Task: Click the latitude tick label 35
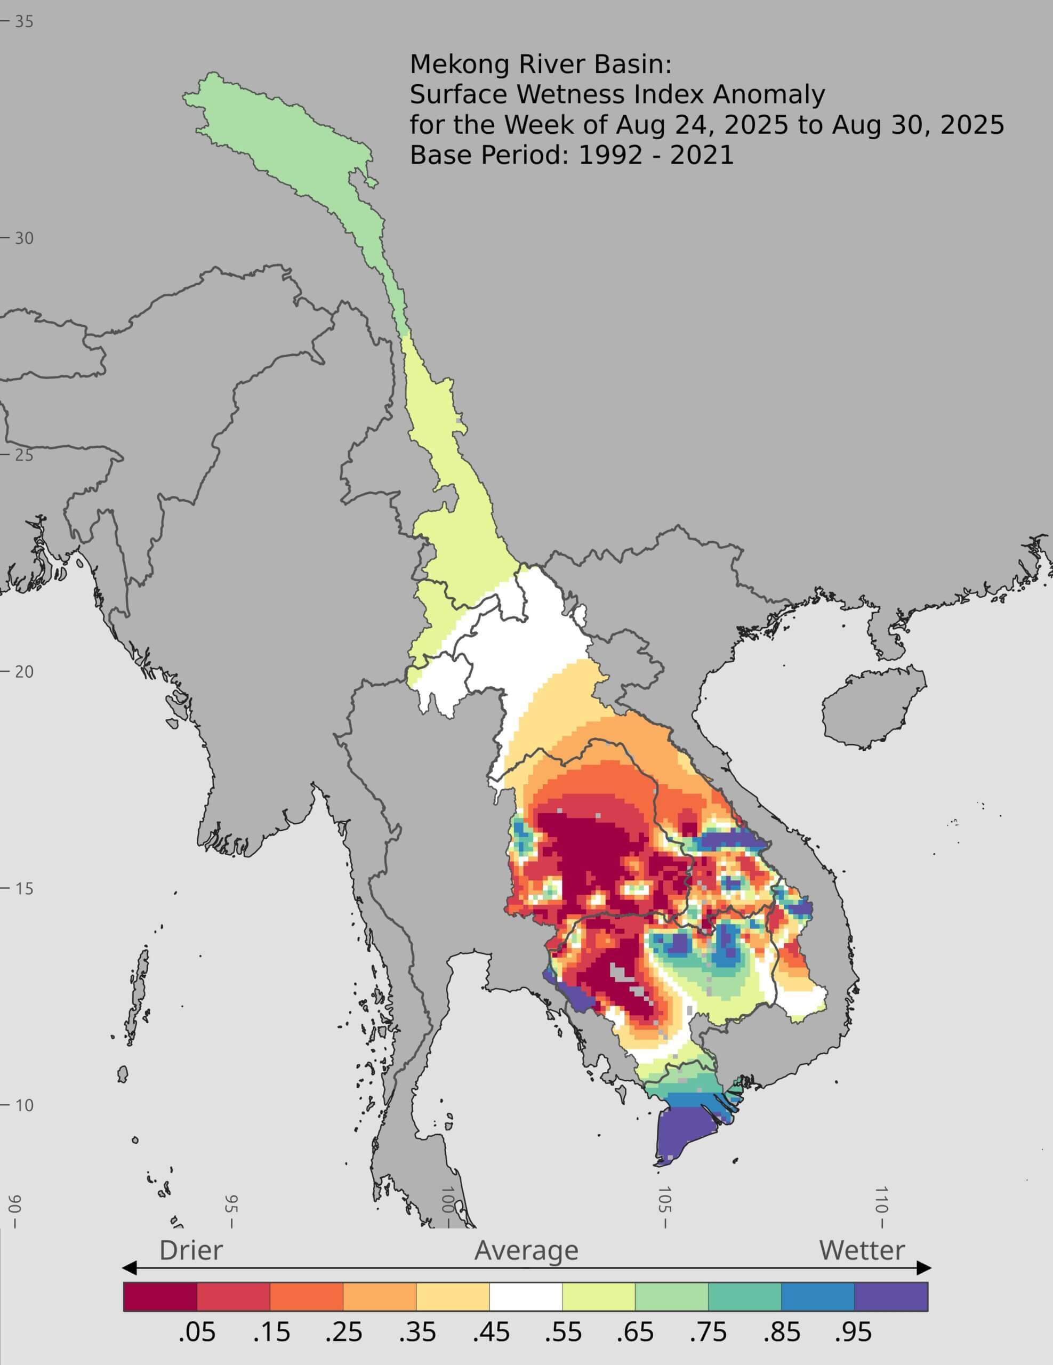(x=24, y=22)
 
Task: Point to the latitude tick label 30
(x=24, y=238)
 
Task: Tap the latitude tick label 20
(x=24, y=672)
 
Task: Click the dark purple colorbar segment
(x=891, y=1297)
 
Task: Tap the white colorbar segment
(x=526, y=1297)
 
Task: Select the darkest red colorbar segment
(x=160, y=1297)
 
